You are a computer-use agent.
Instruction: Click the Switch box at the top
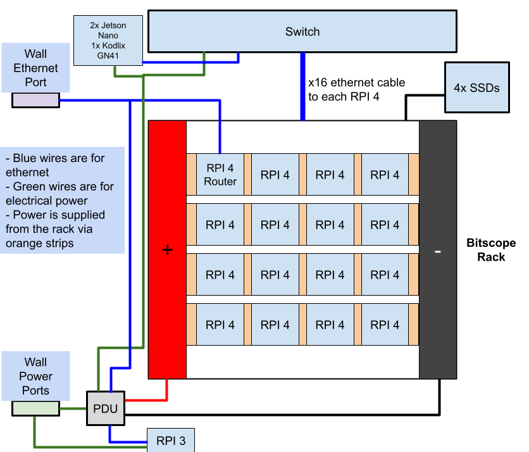tap(302, 31)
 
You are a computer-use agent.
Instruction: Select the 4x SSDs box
tap(476, 87)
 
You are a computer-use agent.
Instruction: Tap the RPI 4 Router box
tap(220, 175)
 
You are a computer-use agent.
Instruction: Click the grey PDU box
tap(105, 408)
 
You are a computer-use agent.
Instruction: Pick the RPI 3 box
tap(170, 441)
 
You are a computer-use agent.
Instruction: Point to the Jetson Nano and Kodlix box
tap(108, 41)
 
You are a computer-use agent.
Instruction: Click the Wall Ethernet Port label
tap(35, 68)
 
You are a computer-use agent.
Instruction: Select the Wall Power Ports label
tap(35, 376)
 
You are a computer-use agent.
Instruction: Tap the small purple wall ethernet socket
tap(35, 100)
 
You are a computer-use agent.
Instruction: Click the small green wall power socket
tap(35, 409)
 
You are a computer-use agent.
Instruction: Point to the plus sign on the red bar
tap(167, 250)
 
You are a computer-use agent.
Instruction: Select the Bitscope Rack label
tap(490, 250)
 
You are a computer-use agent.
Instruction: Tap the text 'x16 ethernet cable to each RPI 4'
tap(356, 90)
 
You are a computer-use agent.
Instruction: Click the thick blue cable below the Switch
tap(302, 85)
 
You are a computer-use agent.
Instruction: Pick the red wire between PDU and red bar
tap(166, 392)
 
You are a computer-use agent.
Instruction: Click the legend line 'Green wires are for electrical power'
tap(60, 193)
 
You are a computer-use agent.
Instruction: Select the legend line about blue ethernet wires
tap(55, 165)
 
